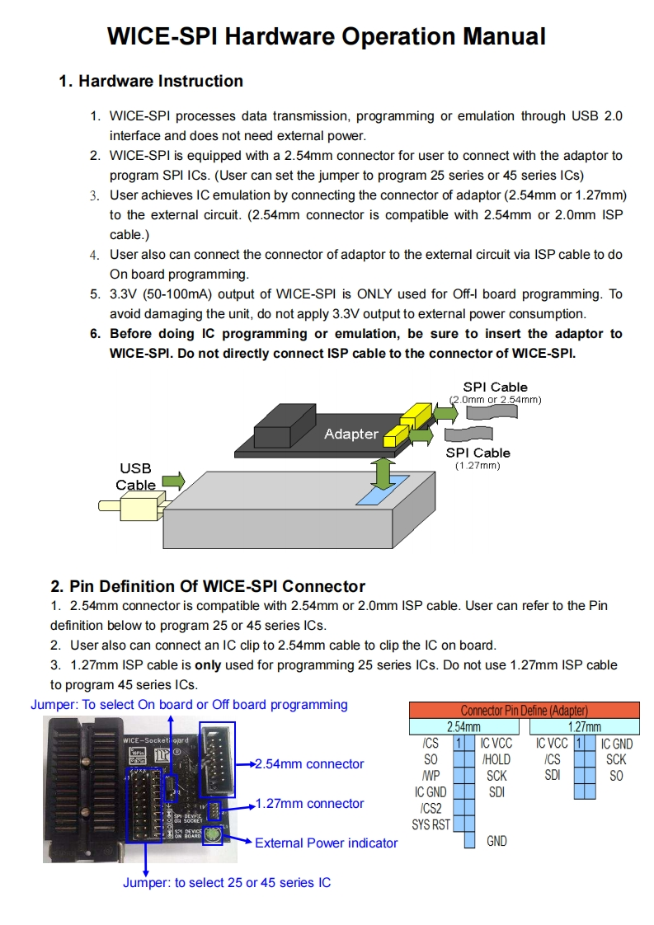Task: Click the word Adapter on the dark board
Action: point(351,434)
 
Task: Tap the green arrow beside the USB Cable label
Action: point(173,481)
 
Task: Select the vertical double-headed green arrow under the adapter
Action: point(381,473)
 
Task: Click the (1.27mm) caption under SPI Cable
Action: point(478,467)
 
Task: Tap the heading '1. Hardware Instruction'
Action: point(151,81)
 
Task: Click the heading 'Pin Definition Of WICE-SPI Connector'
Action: point(217,586)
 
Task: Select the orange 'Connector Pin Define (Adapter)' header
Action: point(524,710)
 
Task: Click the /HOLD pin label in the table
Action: point(496,759)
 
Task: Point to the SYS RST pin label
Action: point(431,824)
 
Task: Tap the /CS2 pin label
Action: point(431,809)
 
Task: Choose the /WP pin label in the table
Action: point(430,776)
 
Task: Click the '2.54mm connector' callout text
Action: point(309,764)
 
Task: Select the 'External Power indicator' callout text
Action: point(326,843)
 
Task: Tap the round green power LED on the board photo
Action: point(213,836)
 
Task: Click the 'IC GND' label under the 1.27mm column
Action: point(616,744)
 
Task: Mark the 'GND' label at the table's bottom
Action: point(496,841)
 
